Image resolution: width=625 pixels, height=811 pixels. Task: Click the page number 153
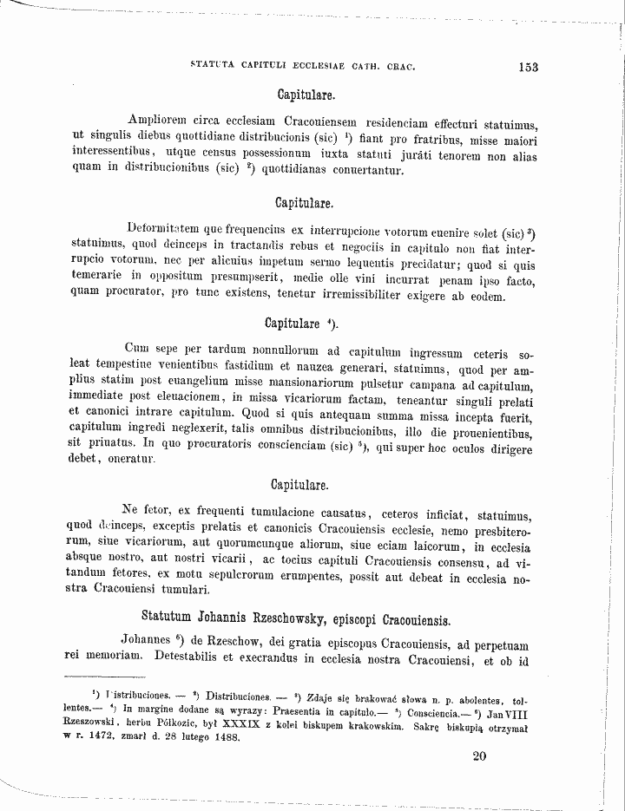528,66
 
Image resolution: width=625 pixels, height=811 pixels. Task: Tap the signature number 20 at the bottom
480,755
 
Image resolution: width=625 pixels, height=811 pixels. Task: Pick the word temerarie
99,281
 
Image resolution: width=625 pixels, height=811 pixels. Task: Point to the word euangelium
220,384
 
